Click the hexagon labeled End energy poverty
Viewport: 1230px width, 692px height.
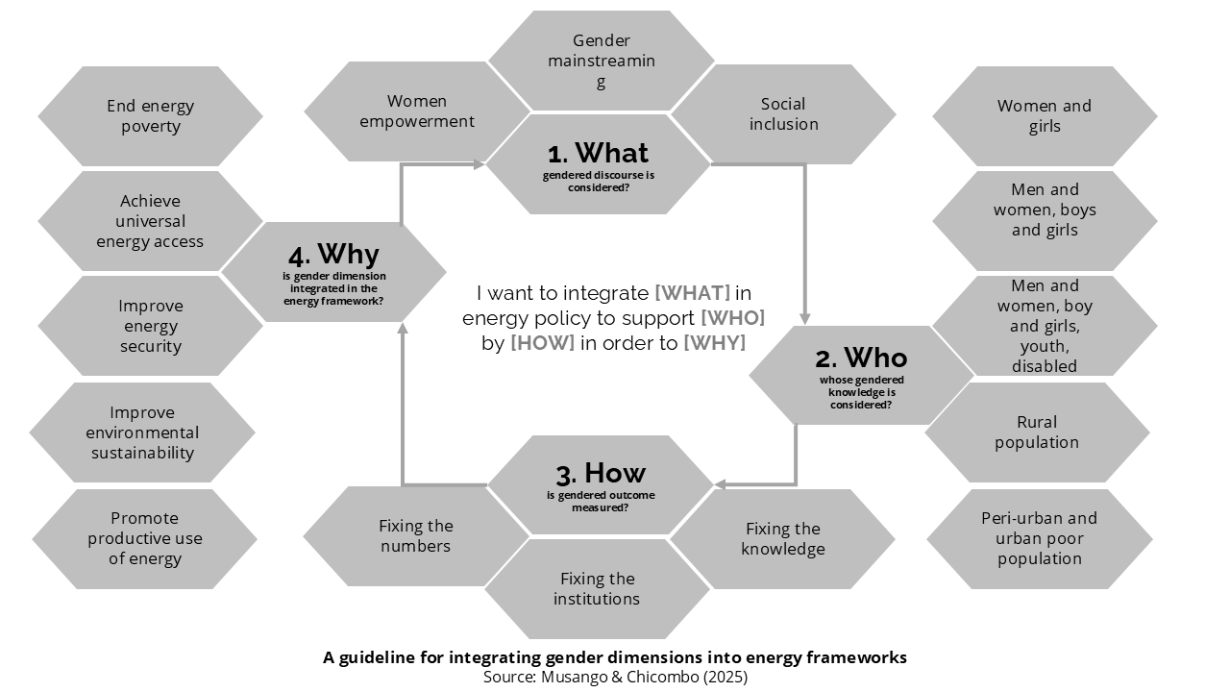(x=150, y=116)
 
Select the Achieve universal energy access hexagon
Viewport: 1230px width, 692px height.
(x=150, y=221)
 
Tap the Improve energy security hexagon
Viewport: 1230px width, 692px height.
(x=150, y=326)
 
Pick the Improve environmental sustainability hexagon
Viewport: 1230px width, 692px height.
(x=142, y=432)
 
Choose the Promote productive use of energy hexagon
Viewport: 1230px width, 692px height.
(x=145, y=538)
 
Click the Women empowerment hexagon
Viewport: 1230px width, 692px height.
(x=417, y=111)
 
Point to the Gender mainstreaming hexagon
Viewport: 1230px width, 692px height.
(x=601, y=61)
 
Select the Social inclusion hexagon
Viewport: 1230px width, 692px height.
(x=783, y=113)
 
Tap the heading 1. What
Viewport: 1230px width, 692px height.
(x=598, y=153)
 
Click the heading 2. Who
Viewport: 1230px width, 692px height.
(x=861, y=358)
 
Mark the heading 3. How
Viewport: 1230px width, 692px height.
(x=601, y=473)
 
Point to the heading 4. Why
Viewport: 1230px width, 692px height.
(x=333, y=255)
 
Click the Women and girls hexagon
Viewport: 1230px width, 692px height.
(x=1045, y=116)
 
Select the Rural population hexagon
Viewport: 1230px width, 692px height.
(x=1037, y=432)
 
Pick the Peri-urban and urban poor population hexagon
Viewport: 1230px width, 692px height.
(x=1039, y=538)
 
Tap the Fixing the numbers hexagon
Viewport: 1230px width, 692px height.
(x=415, y=536)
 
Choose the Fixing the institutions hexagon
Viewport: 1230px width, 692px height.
(x=597, y=588)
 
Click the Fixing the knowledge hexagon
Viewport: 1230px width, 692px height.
(x=783, y=539)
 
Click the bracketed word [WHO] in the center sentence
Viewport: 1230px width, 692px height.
(x=732, y=318)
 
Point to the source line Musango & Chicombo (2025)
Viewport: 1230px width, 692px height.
(x=615, y=677)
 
